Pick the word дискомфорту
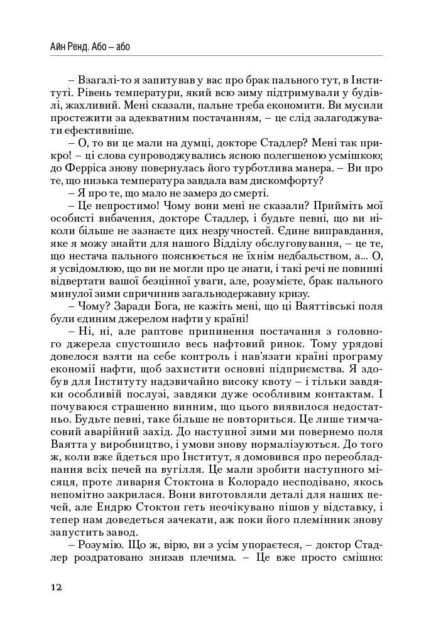290,182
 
